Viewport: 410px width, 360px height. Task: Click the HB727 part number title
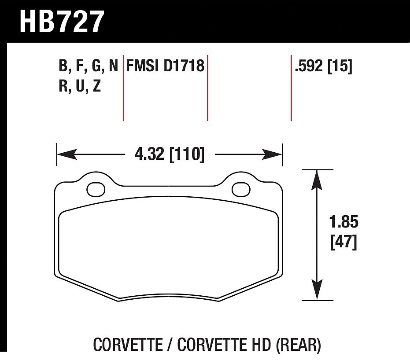[x=62, y=22]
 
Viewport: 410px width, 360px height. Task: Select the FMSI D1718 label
[x=165, y=66]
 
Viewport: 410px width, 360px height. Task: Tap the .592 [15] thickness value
[x=323, y=66]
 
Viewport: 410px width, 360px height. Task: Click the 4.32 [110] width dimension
[x=170, y=154]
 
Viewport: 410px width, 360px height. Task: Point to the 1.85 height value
[x=344, y=222]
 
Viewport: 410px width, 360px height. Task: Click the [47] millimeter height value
[x=344, y=242]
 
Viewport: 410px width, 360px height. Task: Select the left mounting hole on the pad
[x=96, y=189]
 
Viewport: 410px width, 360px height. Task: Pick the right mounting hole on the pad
[x=241, y=189]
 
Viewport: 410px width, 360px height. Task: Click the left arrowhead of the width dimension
[x=67, y=154]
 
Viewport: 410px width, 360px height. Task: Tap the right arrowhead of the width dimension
[x=272, y=154]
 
